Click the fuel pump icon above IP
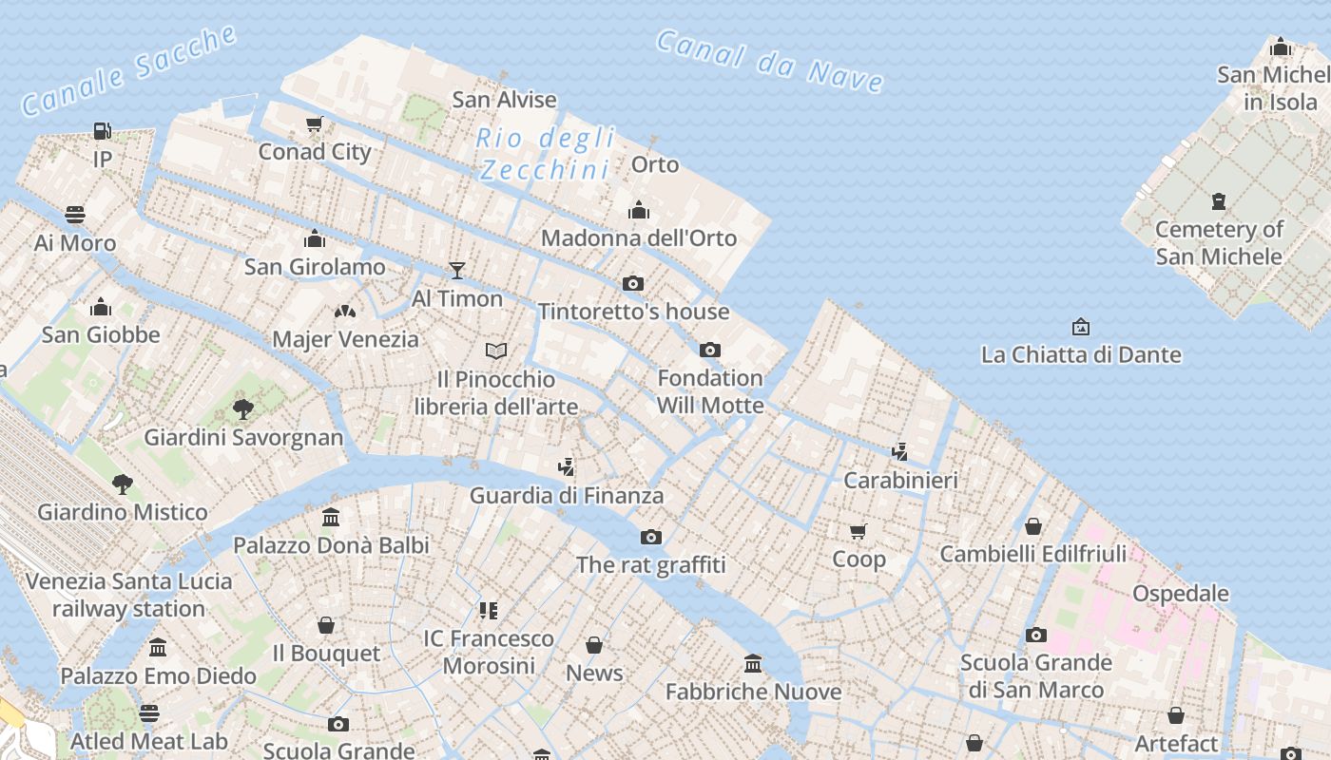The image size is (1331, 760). tap(102, 131)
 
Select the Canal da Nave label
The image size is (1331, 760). tap(769, 61)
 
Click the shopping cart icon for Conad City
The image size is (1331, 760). tap(315, 123)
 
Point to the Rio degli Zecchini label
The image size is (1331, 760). tap(545, 154)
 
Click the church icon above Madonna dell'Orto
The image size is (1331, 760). tap(639, 210)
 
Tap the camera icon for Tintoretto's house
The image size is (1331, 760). tap(633, 283)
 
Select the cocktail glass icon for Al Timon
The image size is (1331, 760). tap(457, 271)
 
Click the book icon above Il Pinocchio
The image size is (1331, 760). tap(496, 351)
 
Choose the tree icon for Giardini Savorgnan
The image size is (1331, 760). tap(243, 409)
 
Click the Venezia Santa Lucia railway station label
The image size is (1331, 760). tap(128, 595)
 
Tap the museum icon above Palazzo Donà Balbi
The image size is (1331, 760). tap(331, 517)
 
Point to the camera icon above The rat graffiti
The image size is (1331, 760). tap(651, 537)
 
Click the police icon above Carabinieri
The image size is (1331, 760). tap(900, 451)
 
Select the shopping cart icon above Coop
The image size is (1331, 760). tap(858, 531)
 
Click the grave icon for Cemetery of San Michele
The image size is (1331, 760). tap(1219, 201)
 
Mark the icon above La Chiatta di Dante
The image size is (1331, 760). tap(1081, 327)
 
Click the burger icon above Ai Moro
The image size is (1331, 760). tap(75, 215)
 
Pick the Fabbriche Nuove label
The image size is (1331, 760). tap(753, 692)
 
